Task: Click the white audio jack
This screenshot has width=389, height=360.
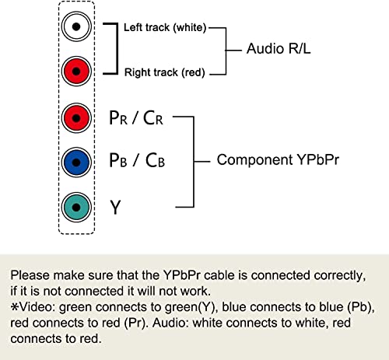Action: click(75, 27)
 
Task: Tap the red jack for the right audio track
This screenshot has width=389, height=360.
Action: click(75, 72)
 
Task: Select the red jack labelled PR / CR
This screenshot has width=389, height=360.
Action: click(75, 117)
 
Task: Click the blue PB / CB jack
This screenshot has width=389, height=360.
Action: click(75, 162)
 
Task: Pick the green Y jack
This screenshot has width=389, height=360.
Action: click(75, 207)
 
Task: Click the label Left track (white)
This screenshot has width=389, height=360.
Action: click(164, 28)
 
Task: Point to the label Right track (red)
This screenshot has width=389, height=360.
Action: click(164, 73)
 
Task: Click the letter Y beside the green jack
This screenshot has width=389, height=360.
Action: click(116, 208)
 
